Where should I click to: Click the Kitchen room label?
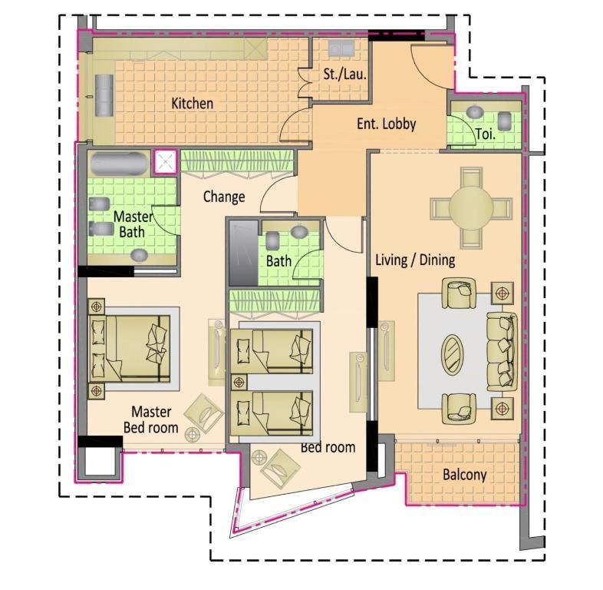pyautogui.click(x=192, y=103)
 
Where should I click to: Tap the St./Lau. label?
pyautogui.click(x=344, y=74)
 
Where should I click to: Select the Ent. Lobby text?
pyautogui.click(x=387, y=124)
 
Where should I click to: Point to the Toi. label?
pyautogui.click(x=486, y=134)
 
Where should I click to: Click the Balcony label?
pyautogui.click(x=465, y=475)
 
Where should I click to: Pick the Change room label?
pyautogui.click(x=224, y=197)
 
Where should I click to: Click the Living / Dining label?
pyautogui.click(x=415, y=260)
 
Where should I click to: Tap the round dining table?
pyautogui.click(x=471, y=207)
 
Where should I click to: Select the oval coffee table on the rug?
pyautogui.click(x=453, y=354)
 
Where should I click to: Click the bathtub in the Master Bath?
pyautogui.click(x=120, y=164)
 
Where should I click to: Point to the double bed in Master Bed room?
pyautogui.click(x=129, y=349)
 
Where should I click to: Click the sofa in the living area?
pyautogui.click(x=502, y=351)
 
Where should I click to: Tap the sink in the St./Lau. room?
pyautogui.click(x=341, y=48)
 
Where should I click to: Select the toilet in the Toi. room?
pyautogui.click(x=505, y=121)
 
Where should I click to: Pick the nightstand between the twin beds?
pyautogui.click(x=239, y=383)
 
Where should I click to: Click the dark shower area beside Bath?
pyautogui.click(x=243, y=254)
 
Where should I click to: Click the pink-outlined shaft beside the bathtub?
pyautogui.click(x=166, y=162)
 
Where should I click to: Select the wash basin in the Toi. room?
pyautogui.click(x=476, y=111)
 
